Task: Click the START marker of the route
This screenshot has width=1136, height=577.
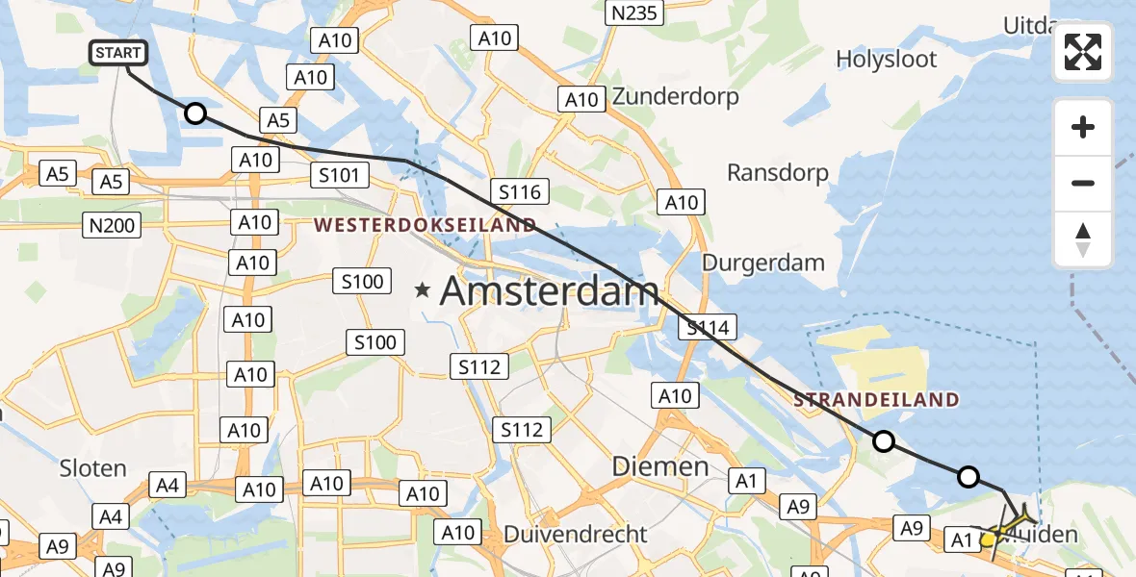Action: (x=119, y=53)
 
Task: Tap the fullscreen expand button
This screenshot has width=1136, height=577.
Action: (x=1083, y=52)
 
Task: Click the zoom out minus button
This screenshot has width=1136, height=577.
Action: (x=1083, y=183)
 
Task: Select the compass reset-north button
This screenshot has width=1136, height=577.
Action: (x=1083, y=239)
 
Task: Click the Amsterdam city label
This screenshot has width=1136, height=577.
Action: (x=550, y=291)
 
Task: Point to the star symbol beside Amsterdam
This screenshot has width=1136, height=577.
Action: (x=422, y=288)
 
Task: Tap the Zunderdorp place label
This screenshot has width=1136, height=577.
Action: (x=675, y=96)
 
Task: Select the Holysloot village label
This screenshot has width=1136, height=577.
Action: (x=886, y=59)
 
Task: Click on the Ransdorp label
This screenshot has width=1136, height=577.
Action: (x=778, y=173)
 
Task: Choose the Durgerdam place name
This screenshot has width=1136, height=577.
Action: (x=763, y=262)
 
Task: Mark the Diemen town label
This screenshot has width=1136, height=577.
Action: (x=660, y=467)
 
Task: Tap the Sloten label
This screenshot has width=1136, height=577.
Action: (x=92, y=468)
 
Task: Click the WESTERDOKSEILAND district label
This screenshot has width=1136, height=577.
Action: (x=424, y=225)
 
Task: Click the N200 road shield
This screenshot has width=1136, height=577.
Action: (x=114, y=226)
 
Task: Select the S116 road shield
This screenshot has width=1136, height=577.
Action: (x=520, y=191)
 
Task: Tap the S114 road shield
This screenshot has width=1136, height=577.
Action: (x=708, y=328)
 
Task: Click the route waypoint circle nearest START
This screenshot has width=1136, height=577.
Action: (x=195, y=114)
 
